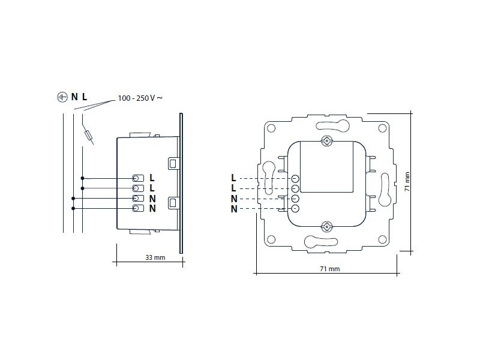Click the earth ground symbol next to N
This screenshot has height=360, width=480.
61,97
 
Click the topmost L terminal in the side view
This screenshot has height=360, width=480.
137,178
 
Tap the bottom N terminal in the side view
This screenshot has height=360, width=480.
137,208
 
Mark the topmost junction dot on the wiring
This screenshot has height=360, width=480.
82,178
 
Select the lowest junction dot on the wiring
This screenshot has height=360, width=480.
73,208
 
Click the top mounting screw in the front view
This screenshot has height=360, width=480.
327,142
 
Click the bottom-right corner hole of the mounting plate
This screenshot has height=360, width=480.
382,240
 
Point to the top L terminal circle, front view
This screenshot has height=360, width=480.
295,178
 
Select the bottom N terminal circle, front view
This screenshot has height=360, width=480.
295,208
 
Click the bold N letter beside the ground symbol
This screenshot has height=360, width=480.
74,97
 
